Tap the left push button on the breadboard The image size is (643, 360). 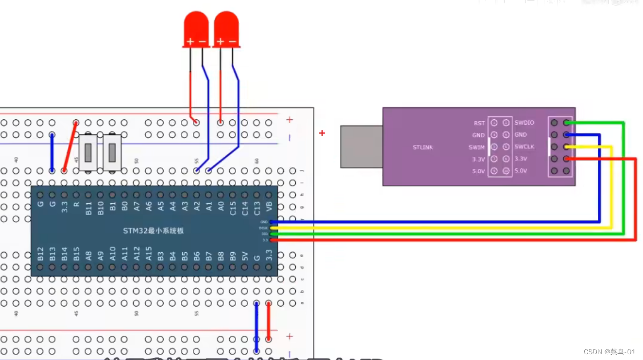tap(88, 153)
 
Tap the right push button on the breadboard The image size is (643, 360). tap(112, 153)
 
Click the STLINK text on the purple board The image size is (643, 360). tap(423, 147)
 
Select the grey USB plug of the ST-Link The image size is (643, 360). tap(361, 146)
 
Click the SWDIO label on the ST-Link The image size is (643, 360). tap(524, 123)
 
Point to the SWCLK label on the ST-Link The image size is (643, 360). tap(525, 147)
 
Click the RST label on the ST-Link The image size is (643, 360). tap(479, 123)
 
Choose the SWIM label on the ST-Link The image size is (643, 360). tap(477, 147)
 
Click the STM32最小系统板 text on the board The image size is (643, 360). tap(153, 231)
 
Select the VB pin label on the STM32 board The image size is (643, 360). tap(269, 206)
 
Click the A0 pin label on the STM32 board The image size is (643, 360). tap(221, 206)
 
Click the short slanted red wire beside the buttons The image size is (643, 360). tap(70, 147)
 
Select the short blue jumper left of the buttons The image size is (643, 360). tap(52, 152)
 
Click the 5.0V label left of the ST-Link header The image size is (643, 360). tap(478, 171)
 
